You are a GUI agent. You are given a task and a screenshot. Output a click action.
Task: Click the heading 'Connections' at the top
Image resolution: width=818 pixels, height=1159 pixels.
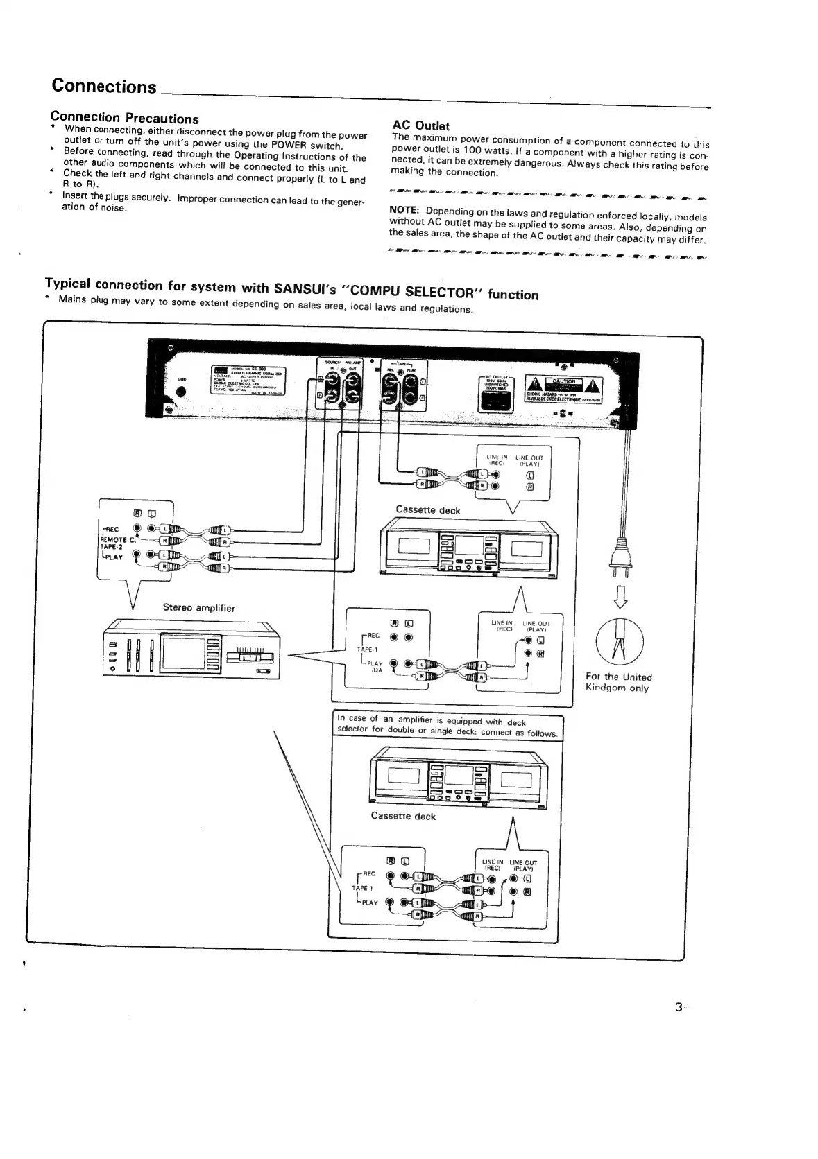click(x=104, y=86)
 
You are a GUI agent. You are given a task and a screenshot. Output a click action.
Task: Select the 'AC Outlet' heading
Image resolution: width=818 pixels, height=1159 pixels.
click(x=420, y=125)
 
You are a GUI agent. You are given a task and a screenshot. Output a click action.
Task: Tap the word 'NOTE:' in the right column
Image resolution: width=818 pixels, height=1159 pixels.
click(x=404, y=210)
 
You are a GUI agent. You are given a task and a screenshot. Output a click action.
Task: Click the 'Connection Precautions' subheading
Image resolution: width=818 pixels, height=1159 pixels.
click(x=125, y=118)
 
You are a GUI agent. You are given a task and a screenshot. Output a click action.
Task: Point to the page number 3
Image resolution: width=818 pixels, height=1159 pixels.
click(x=678, y=1007)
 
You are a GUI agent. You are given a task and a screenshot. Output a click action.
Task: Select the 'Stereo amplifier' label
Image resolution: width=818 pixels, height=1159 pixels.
click(x=198, y=608)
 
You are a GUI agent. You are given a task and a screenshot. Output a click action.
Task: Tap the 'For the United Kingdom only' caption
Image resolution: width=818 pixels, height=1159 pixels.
click(x=618, y=682)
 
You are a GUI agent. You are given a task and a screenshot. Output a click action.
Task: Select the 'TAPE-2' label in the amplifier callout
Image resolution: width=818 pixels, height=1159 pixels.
click(x=111, y=546)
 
